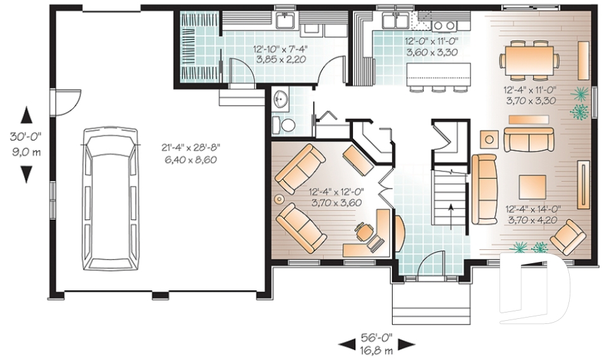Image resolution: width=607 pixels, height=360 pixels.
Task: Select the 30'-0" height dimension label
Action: pos(26,137)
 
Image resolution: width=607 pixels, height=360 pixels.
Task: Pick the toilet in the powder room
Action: pos(288,125)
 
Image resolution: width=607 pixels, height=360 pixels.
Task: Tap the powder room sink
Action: pos(281,99)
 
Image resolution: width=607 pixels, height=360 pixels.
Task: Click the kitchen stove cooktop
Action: pos(445,25)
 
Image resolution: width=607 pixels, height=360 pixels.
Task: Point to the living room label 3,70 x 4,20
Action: pos(532,220)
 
